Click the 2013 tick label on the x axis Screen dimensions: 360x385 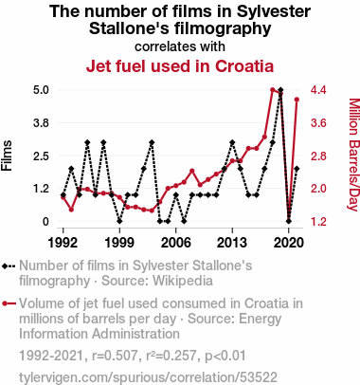[232, 243]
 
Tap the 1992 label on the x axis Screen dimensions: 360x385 [63, 243]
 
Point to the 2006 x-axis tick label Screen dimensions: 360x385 [176, 243]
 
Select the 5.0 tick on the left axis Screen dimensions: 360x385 [41, 90]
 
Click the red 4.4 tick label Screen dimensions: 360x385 [318, 90]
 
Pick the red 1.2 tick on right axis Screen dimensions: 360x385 [318, 222]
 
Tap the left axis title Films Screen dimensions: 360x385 [7, 156]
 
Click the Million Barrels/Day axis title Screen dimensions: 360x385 [354, 155]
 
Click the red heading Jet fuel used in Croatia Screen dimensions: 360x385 [180, 66]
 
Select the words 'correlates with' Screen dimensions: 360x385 [180, 46]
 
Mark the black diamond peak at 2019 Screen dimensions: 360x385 [280, 90]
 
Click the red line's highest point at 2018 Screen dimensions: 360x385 [273, 90]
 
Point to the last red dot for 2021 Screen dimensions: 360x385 [297, 100]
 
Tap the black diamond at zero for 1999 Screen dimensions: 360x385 [119, 221]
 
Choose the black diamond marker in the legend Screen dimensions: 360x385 [5, 266]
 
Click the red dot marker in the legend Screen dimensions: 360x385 [5, 303]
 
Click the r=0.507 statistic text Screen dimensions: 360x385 [116, 356]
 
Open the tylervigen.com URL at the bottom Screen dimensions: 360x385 [148, 377]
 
